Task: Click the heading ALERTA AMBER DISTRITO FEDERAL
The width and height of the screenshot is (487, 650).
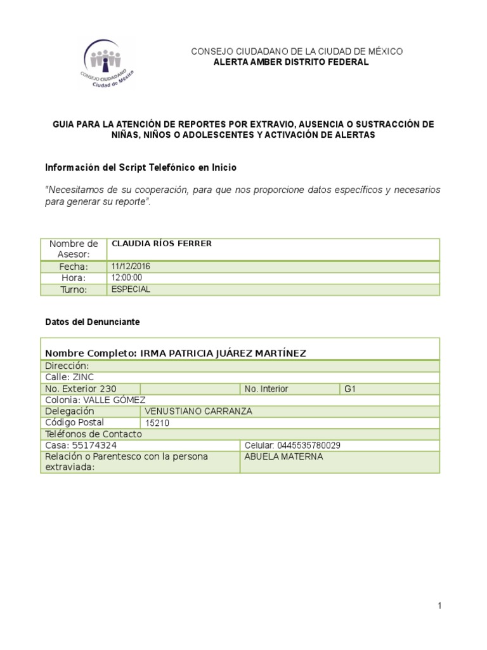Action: click(x=290, y=62)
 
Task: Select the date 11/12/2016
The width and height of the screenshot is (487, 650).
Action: click(x=131, y=267)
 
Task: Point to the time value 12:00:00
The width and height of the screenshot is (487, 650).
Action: click(x=127, y=278)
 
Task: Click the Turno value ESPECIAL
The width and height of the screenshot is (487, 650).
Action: click(x=131, y=289)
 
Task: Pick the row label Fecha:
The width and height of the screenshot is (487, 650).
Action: click(x=74, y=267)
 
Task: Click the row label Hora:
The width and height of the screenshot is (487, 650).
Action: click(x=74, y=278)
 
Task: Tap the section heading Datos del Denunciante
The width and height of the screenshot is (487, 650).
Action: click(x=93, y=322)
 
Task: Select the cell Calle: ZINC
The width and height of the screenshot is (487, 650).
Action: click(x=70, y=377)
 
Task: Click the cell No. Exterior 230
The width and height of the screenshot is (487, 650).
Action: click(x=81, y=388)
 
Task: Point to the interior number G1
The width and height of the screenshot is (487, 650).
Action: click(x=350, y=388)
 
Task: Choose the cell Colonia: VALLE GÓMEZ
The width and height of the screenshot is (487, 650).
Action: click(x=95, y=400)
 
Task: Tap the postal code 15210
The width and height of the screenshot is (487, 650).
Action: click(x=157, y=423)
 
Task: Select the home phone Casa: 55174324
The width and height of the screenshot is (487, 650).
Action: click(x=81, y=446)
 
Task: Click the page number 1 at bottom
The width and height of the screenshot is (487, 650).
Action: click(x=439, y=606)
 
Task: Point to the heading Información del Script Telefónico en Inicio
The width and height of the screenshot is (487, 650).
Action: click(x=141, y=168)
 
